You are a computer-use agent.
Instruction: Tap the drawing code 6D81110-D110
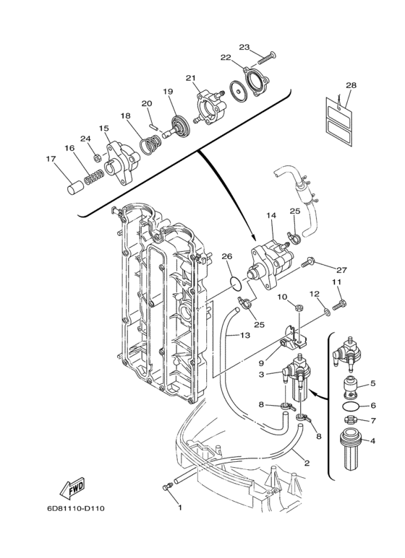76,508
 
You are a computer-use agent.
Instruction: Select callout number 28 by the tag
351,85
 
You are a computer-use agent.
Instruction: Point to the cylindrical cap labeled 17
76,188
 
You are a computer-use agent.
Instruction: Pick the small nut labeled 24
96,157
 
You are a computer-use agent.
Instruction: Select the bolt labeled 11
339,305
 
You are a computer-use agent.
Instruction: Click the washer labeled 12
327,313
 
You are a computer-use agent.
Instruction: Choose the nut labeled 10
299,306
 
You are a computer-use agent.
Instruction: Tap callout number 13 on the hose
244,335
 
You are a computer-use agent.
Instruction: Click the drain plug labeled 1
167,487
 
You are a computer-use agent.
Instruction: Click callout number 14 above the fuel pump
271,215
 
